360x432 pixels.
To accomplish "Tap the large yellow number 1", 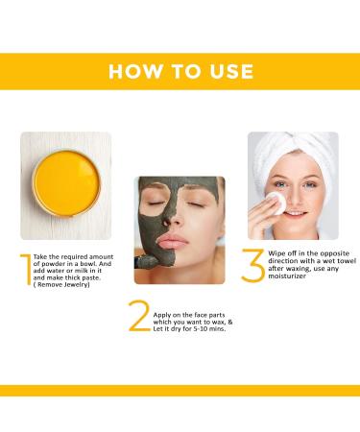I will [24, 270].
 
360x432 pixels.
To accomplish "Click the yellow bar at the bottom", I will [180, 390].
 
